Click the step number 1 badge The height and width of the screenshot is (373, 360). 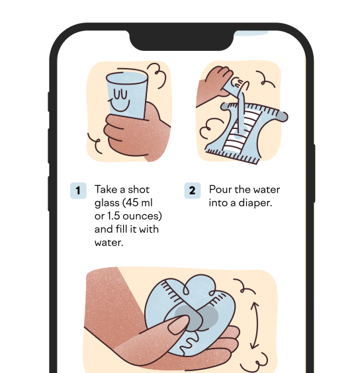click(78, 190)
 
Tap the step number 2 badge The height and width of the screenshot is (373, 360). click(193, 190)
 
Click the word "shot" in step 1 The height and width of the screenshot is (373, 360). click(138, 190)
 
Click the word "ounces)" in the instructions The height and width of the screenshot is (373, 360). click(142, 216)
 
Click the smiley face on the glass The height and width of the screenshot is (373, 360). click(120, 100)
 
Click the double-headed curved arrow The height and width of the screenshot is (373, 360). click(255, 325)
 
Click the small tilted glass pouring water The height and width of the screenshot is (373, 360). click(234, 85)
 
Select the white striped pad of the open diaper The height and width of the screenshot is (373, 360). click(242, 130)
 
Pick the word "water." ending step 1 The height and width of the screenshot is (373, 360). click(109, 243)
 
